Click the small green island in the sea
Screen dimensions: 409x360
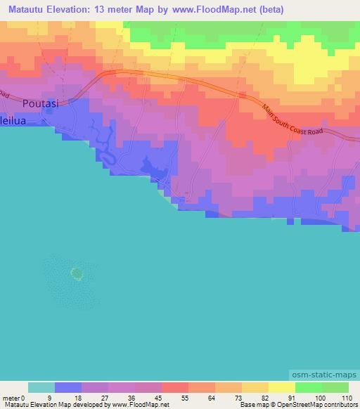[x=76, y=272]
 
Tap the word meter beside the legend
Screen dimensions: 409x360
[x=10, y=398]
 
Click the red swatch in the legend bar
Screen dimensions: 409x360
[x=174, y=387]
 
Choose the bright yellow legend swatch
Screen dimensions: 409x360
[x=281, y=387]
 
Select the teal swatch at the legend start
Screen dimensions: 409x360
[x=41, y=387]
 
